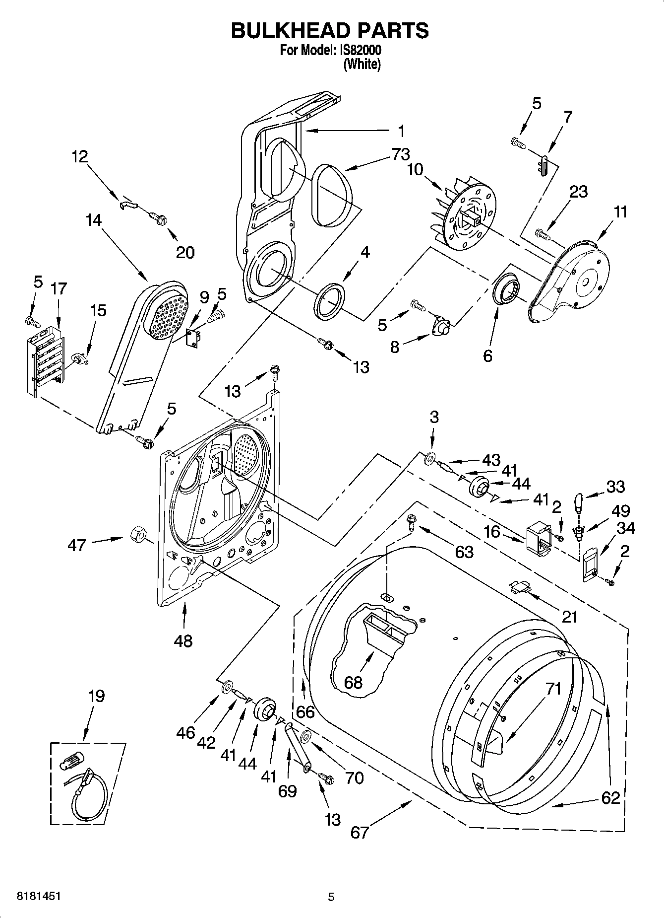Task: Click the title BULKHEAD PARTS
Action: [x=330, y=31]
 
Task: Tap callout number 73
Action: [x=401, y=154]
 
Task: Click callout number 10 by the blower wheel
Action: [x=415, y=169]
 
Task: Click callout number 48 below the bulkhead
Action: [x=183, y=641]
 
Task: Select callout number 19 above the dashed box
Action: [x=96, y=696]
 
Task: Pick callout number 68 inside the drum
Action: [x=353, y=683]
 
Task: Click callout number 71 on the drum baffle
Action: [x=553, y=689]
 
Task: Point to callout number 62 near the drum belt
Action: [x=610, y=798]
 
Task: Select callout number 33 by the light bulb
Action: [x=615, y=487]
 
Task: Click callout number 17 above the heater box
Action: [x=59, y=288]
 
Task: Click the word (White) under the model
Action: [x=362, y=64]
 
